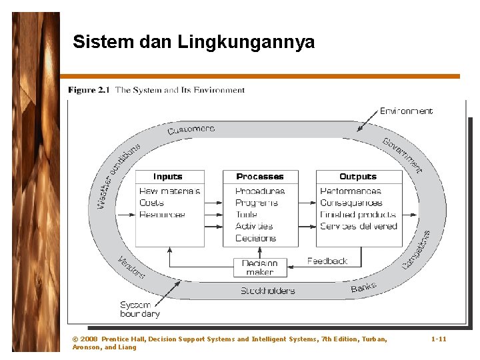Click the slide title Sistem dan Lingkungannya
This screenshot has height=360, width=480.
[x=193, y=43]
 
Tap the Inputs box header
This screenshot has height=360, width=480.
[x=168, y=177]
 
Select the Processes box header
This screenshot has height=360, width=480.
[x=260, y=177]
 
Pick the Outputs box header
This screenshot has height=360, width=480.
[x=358, y=177]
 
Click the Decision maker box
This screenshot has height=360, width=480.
[x=260, y=267]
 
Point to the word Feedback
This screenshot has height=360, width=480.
[x=327, y=261]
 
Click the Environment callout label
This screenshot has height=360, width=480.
[x=406, y=111]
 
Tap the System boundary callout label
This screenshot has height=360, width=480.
[x=139, y=309]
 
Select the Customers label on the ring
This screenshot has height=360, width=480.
[x=191, y=129]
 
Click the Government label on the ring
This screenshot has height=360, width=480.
[x=403, y=155]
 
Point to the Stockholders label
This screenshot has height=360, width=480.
[x=268, y=291]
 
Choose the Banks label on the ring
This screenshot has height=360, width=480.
[x=364, y=287]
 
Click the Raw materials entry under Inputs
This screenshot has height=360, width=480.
[x=170, y=191]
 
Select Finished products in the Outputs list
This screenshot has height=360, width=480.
[x=358, y=215]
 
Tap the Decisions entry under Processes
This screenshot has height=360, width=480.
[x=255, y=238]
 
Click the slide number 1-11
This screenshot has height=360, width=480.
[x=439, y=339]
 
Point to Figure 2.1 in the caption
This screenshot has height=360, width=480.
[x=89, y=90]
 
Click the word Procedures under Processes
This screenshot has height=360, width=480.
[x=260, y=191]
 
